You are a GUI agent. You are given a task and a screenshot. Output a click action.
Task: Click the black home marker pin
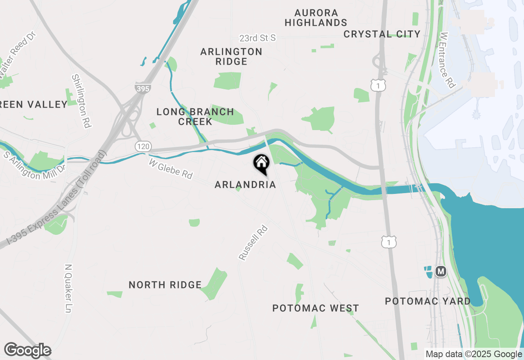(x=261, y=164)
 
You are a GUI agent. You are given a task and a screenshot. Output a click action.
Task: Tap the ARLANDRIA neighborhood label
(x=245, y=185)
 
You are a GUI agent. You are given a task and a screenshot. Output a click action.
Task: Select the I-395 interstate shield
(x=142, y=88)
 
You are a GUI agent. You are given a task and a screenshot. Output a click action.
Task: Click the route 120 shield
(x=144, y=146)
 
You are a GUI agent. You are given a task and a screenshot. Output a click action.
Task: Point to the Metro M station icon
(x=440, y=271)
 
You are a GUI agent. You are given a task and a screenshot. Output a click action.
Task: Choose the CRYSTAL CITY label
(x=382, y=34)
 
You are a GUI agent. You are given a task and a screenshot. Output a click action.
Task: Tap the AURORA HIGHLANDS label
(x=316, y=18)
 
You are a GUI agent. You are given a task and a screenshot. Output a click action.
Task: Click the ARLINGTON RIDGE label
(x=231, y=56)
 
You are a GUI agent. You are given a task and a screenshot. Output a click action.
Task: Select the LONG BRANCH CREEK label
(x=195, y=117)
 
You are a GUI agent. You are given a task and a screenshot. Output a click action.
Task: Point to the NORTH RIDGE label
(x=165, y=285)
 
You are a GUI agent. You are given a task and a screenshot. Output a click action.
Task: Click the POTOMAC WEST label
(x=316, y=308)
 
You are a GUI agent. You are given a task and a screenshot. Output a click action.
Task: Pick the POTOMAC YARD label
(x=428, y=301)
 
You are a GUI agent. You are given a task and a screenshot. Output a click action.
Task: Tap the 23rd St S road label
(x=257, y=38)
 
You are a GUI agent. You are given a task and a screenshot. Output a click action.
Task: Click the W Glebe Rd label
(x=170, y=169)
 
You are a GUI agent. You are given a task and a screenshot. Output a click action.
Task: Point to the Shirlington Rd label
(x=81, y=101)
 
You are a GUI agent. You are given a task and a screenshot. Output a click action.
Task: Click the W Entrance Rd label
(x=448, y=60)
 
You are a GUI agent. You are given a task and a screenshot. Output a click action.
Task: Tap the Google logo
(x=27, y=350)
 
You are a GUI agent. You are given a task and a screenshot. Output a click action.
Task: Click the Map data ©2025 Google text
(x=474, y=354)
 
